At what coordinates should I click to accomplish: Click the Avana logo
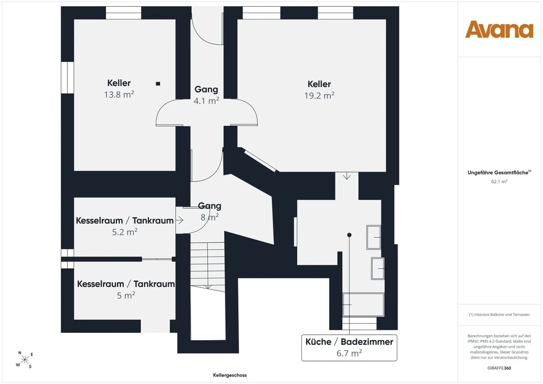coord(499,29)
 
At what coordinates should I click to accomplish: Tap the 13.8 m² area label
coord(119,94)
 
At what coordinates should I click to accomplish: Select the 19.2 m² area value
coord(319,95)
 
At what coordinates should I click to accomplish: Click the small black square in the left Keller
coord(158,84)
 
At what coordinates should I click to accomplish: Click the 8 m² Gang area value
coord(210,217)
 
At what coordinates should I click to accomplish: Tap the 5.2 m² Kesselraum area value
coord(124,232)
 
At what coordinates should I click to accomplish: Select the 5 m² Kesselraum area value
coord(126,295)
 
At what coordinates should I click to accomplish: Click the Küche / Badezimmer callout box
coord(349,348)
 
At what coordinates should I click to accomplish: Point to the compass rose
coord(25,360)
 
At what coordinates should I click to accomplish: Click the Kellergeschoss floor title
coord(230,375)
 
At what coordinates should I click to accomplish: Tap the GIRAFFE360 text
coord(499,368)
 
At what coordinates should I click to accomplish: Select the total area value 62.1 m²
coord(500,181)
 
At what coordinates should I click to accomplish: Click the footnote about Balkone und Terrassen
coord(499,314)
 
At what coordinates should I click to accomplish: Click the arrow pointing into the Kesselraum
coord(179,220)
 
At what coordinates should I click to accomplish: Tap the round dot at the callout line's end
coord(349,235)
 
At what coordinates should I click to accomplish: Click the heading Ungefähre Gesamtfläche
coord(499,172)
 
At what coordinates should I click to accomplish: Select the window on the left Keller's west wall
coord(67,77)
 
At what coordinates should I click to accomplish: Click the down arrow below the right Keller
coord(347,176)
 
